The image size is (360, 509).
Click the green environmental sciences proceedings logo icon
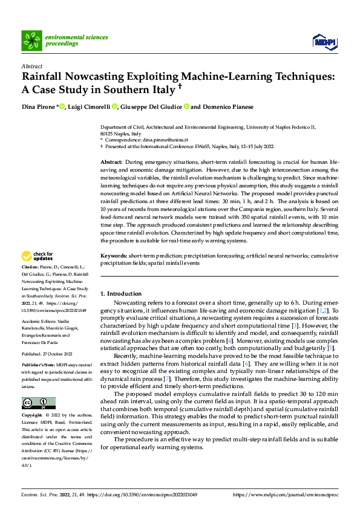point(31,41)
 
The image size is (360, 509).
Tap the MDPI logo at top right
point(323,41)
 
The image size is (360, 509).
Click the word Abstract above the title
point(31,66)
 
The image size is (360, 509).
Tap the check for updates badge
point(38,273)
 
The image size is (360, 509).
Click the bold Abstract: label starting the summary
point(111,163)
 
